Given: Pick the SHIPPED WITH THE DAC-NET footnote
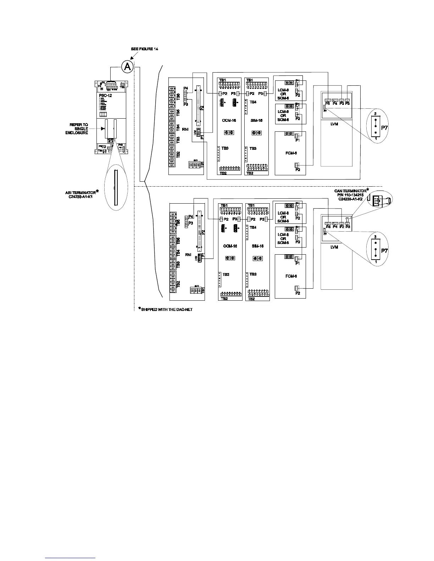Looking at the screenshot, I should pyautogui.click(x=165, y=310).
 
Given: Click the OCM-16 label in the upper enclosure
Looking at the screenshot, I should pyautogui.click(x=229, y=120).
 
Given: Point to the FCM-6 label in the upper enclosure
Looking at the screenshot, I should pyautogui.click(x=290, y=153).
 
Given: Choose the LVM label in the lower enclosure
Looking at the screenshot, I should pyautogui.click(x=334, y=247).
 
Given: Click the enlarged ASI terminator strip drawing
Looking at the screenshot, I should pyautogui.click(x=116, y=187).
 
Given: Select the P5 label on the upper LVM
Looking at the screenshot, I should pyautogui.click(x=328, y=103).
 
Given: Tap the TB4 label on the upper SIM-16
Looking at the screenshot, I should pyautogui.click(x=253, y=102).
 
